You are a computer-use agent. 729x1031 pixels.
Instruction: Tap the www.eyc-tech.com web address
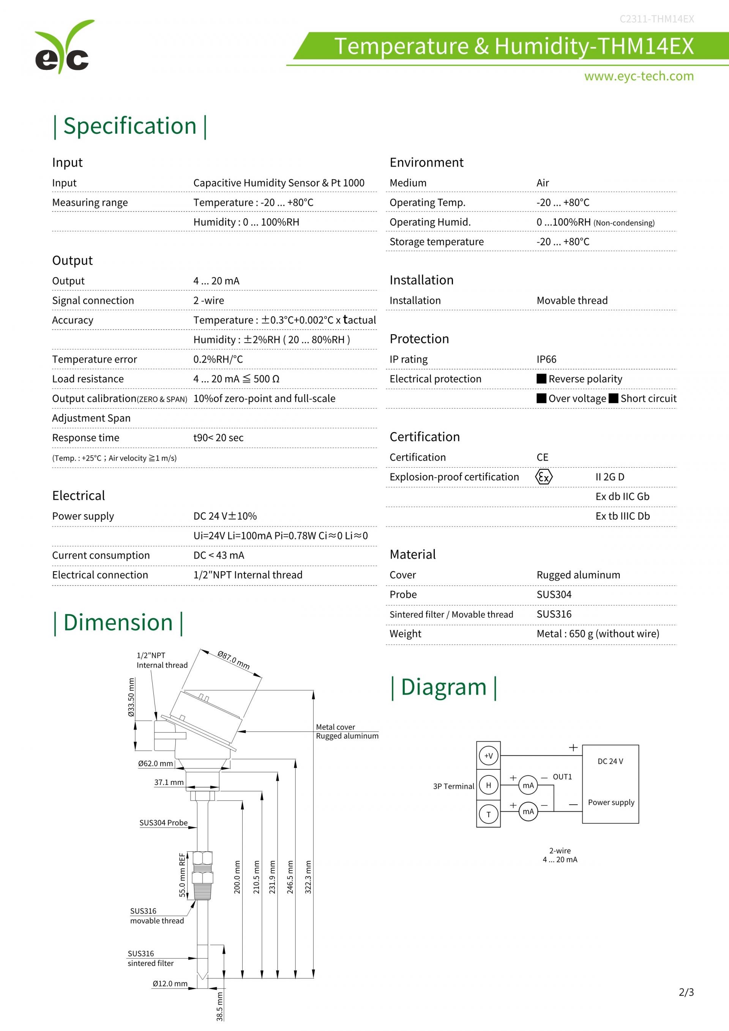638,76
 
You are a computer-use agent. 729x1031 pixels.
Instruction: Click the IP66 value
546,359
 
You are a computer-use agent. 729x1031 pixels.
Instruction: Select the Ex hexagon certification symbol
544,477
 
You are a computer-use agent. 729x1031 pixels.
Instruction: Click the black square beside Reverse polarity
541,379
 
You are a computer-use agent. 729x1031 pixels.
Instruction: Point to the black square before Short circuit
613,398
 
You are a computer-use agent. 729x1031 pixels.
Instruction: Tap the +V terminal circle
488,756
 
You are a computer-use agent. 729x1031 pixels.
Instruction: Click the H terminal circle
488,785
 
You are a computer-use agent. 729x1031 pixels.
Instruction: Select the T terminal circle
488,814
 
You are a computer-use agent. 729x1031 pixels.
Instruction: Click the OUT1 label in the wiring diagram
562,777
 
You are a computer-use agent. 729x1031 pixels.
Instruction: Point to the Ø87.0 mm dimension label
234,660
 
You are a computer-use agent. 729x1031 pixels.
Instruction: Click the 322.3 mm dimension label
308,877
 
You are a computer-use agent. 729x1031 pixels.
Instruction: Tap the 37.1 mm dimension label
169,782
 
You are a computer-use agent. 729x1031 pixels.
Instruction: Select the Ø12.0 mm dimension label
170,984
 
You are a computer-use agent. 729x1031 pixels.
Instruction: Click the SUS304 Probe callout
163,823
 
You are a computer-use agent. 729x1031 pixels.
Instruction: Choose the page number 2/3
686,992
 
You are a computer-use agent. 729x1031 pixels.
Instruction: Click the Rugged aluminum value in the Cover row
578,575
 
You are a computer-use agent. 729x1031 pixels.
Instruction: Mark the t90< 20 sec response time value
218,438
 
